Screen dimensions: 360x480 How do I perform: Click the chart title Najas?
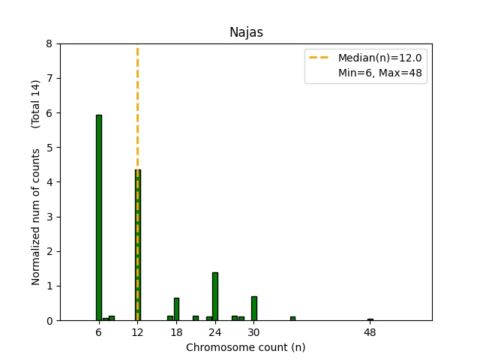pos(245,32)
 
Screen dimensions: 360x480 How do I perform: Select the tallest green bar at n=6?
pos(98,217)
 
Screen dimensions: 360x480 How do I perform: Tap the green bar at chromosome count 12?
pos(137,247)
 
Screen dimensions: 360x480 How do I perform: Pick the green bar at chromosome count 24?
pos(215,296)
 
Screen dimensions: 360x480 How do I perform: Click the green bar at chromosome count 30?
pos(254,308)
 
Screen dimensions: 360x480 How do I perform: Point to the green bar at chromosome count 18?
pos(176,309)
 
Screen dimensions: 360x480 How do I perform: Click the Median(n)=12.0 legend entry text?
pos(379,58)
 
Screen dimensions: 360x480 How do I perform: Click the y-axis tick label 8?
pos(49,43)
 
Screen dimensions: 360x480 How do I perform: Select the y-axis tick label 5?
pos(49,147)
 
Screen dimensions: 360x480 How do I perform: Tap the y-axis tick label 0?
pos(49,320)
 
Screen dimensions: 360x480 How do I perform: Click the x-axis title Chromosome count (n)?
pos(245,347)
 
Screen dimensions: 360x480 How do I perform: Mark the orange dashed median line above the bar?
pos(137,105)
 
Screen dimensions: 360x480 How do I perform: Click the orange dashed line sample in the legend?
pos(320,58)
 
